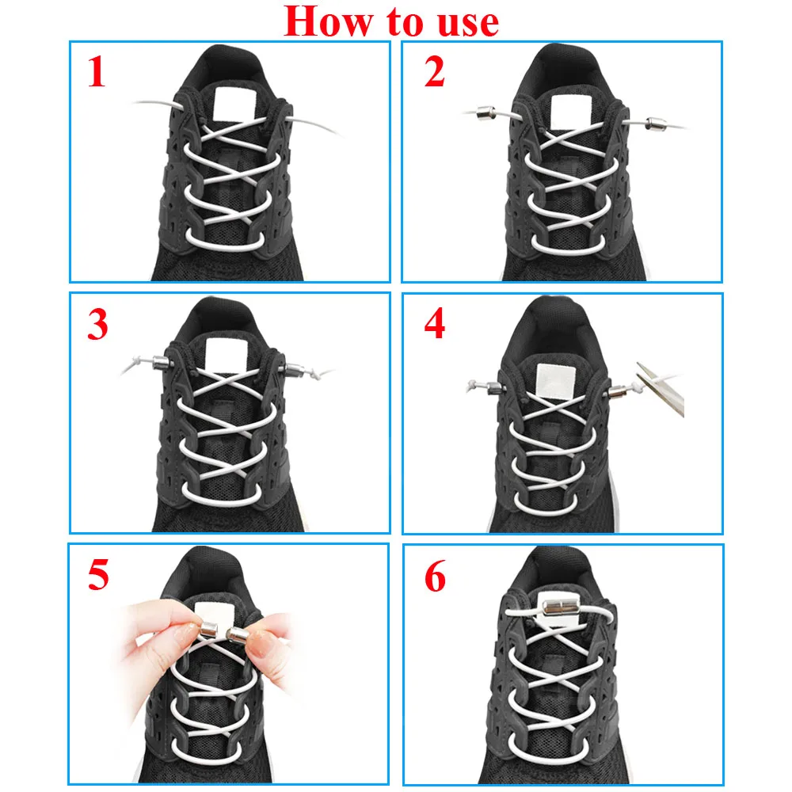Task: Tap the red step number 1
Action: (97, 72)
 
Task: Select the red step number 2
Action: (434, 72)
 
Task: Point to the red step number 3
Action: (97, 324)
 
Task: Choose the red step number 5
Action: (98, 575)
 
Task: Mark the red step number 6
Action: (435, 576)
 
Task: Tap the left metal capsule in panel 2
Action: (487, 112)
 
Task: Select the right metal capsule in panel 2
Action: (656, 122)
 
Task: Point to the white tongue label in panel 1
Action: (233, 104)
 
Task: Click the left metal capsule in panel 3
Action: (162, 362)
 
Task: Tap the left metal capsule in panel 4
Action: (495, 388)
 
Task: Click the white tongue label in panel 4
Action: (556, 382)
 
